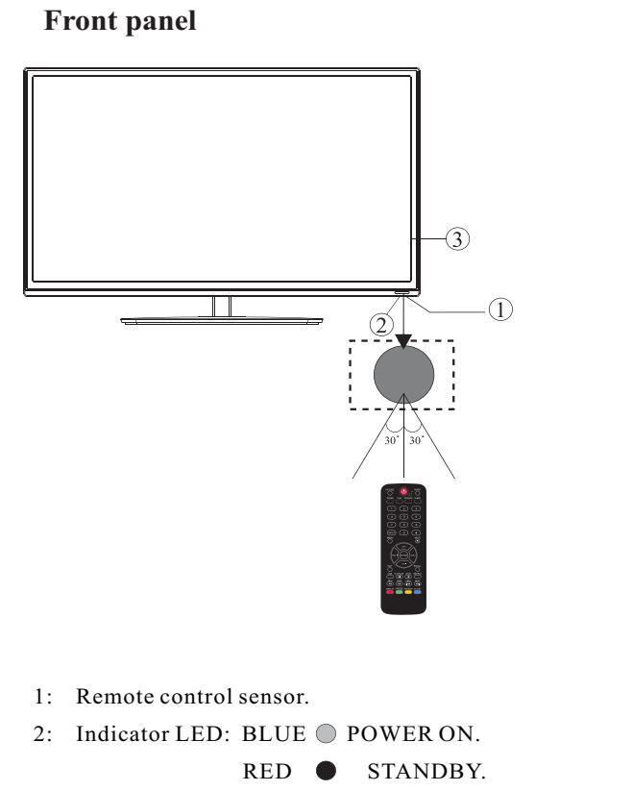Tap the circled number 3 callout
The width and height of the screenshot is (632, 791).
pos(460,239)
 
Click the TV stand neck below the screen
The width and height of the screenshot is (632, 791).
pos(222,306)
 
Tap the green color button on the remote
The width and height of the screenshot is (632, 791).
pos(398,593)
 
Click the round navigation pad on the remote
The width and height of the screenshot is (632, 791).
pos(403,555)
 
